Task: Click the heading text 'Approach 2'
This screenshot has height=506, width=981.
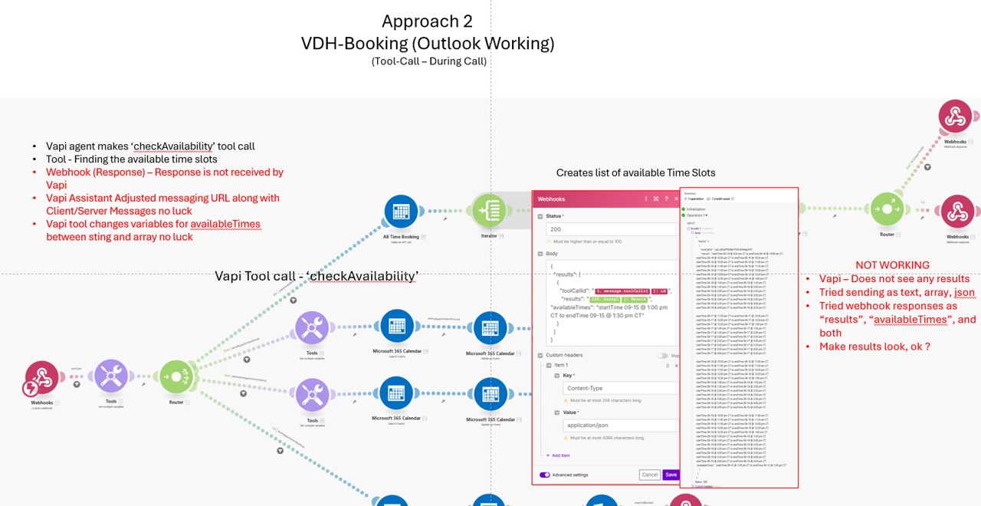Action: (x=427, y=21)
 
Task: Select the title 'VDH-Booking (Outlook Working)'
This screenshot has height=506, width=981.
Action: (x=427, y=44)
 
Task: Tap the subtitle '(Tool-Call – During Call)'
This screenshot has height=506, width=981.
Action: (x=428, y=61)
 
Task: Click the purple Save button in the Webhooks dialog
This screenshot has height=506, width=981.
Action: (x=671, y=475)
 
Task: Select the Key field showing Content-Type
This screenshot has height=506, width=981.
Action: (x=619, y=388)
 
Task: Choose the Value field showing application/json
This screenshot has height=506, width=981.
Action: (x=619, y=425)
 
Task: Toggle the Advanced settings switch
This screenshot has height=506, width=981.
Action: (x=545, y=475)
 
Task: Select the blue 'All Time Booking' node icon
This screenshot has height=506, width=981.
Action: (x=400, y=212)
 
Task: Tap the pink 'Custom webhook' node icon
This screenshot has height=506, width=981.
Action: (x=42, y=377)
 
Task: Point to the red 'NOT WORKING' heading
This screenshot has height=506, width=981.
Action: (x=887, y=264)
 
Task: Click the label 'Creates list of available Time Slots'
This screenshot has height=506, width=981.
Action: (x=635, y=172)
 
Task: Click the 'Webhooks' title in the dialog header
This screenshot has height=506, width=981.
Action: (x=551, y=199)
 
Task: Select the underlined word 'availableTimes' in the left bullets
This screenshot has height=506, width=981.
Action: (x=225, y=224)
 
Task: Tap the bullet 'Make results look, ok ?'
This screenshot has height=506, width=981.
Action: (x=874, y=347)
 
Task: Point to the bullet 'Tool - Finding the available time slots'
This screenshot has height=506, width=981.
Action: (x=131, y=159)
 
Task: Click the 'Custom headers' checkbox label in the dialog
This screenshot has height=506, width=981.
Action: (x=564, y=355)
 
